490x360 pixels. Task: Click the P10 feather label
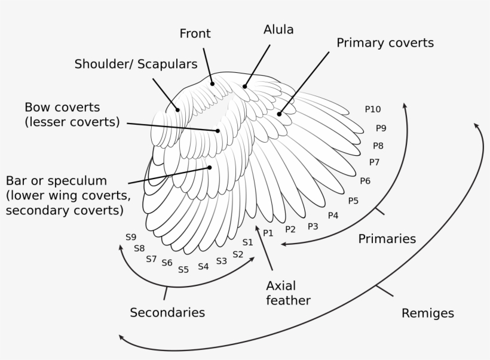[x=372, y=109]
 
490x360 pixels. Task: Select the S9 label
[x=131, y=237]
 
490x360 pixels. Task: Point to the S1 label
[x=247, y=242]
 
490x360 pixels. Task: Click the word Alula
[x=278, y=29]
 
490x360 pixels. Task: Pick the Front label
[x=195, y=34]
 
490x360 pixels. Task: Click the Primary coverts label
[x=385, y=43]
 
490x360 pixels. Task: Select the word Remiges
[x=427, y=313]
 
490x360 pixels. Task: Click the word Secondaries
[x=167, y=312]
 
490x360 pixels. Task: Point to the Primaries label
[x=387, y=239]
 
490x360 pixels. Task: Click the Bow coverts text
[x=62, y=108]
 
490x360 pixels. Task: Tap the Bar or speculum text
[x=56, y=181]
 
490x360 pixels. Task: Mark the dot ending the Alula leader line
[x=244, y=87]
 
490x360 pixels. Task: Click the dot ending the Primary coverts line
[x=279, y=113]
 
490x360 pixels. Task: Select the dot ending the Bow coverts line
[x=218, y=130]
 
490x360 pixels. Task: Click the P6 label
[x=365, y=181]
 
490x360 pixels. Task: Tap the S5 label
[x=183, y=270]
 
